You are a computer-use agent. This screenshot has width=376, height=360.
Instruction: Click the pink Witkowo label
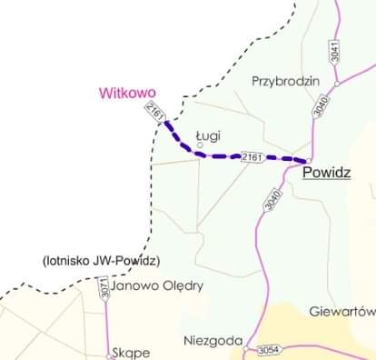click(128, 92)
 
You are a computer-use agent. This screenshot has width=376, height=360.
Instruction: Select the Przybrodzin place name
click(286, 80)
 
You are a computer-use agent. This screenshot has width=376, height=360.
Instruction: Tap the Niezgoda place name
click(213, 342)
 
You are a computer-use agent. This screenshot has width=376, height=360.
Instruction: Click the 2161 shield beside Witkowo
click(154, 114)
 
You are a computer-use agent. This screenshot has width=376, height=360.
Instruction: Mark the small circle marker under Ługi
click(201, 145)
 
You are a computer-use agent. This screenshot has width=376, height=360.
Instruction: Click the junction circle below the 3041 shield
click(337, 83)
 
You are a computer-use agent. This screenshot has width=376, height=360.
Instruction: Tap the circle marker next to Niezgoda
click(245, 345)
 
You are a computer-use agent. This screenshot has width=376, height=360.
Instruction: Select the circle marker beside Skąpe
click(108, 356)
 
